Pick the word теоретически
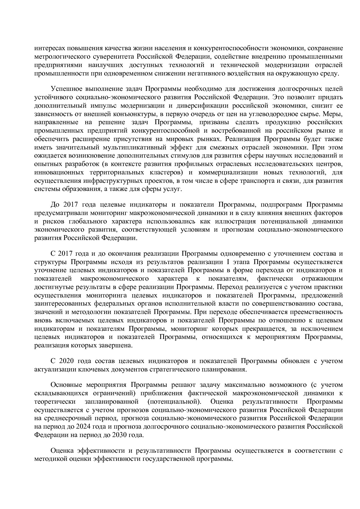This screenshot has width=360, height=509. [x=55, y=402]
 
